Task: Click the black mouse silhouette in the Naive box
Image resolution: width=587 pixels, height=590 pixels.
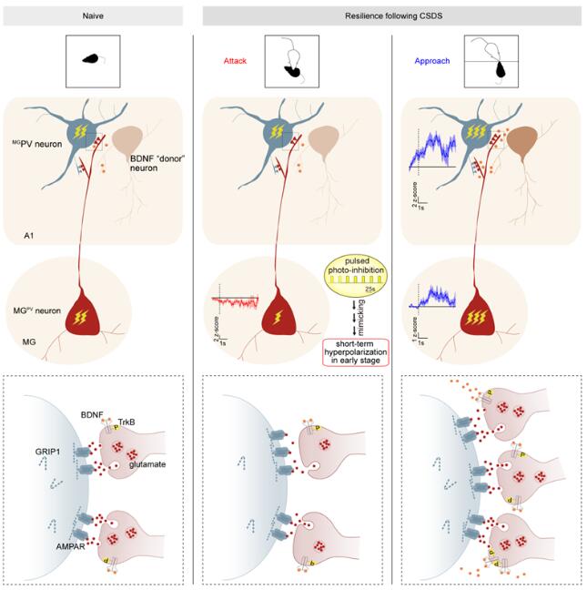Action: [x=93, y=58]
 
